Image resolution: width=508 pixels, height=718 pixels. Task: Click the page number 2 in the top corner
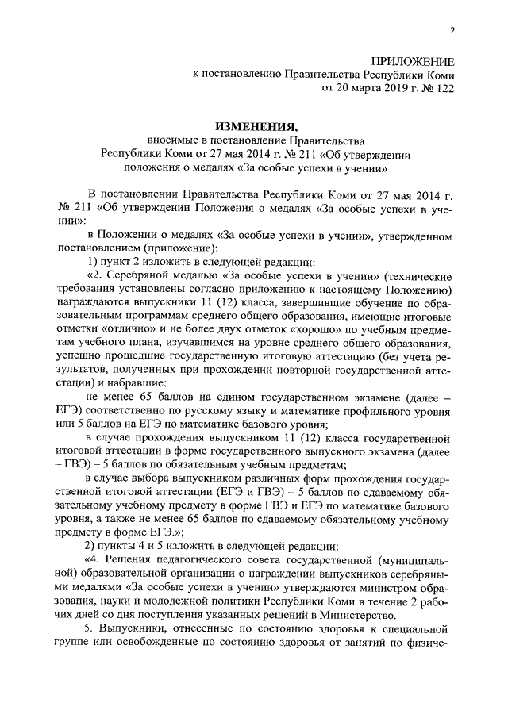coord(452,31)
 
